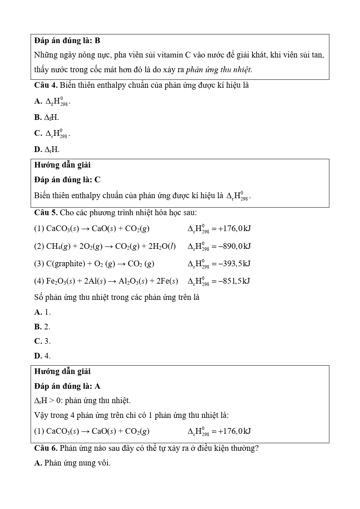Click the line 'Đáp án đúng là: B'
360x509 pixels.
[67, 40]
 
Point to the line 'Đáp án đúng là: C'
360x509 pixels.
[67, 180]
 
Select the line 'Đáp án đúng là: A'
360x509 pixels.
[67, 386]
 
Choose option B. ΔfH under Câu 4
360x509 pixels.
[47, 117]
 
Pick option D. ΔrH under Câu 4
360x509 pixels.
[47, 149]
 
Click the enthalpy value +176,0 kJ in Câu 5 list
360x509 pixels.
[235, 228]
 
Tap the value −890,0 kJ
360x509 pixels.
[235, 246]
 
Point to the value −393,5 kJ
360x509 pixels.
[234, 264]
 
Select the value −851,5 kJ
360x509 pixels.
[234, 281]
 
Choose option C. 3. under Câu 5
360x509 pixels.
[42, 341]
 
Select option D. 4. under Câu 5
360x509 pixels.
[42, 356]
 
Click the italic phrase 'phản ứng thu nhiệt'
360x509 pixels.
[219, 70]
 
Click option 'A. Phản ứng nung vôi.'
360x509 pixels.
[72, 463]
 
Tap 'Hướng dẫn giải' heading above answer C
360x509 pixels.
[62, 165]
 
